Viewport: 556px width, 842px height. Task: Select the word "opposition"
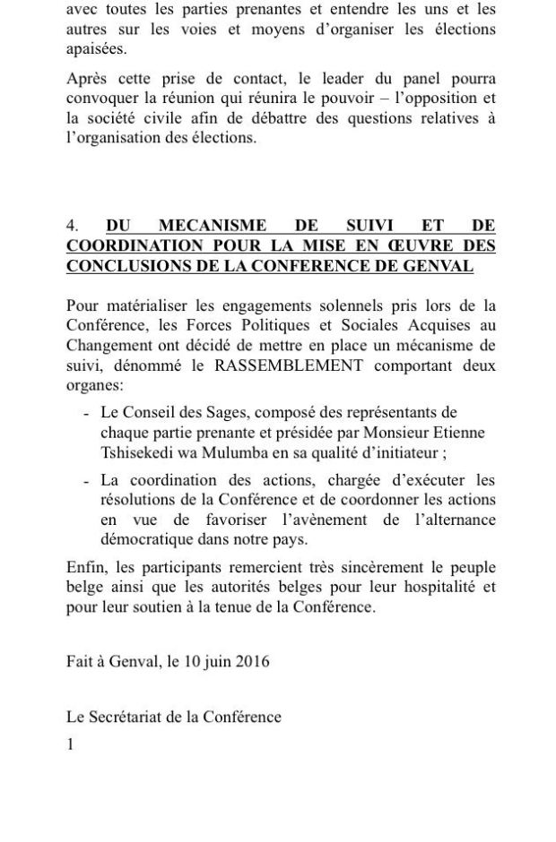click(442, 99)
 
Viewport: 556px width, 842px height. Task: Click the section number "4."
click(73, 227)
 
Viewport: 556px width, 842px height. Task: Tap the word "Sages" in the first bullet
click(213, 412)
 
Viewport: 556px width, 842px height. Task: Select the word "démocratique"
click(143, 540)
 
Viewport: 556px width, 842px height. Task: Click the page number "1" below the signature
click(71, 744)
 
